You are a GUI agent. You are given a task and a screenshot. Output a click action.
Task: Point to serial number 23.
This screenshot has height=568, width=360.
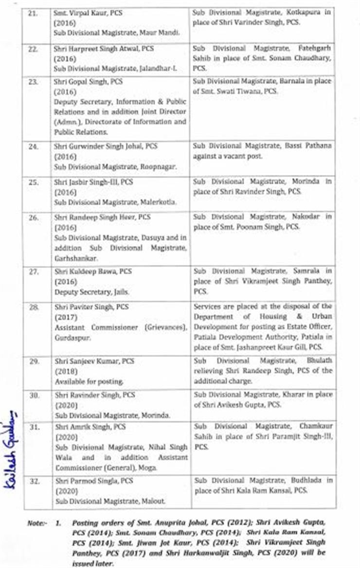[33, 82]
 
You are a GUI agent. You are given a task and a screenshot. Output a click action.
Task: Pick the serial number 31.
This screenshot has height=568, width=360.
[33, 426]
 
